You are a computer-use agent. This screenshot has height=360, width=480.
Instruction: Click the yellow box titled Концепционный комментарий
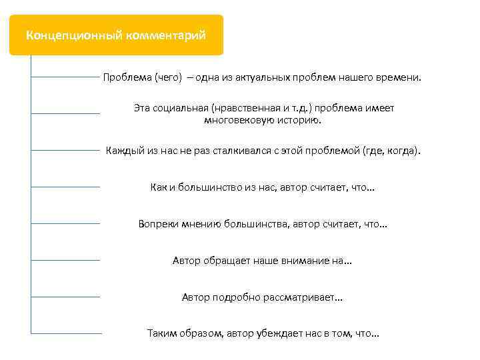tap(116, 35)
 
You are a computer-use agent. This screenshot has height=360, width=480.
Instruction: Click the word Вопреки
tap(158, 224)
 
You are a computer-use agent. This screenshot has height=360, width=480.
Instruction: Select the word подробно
tap(237, 297)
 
